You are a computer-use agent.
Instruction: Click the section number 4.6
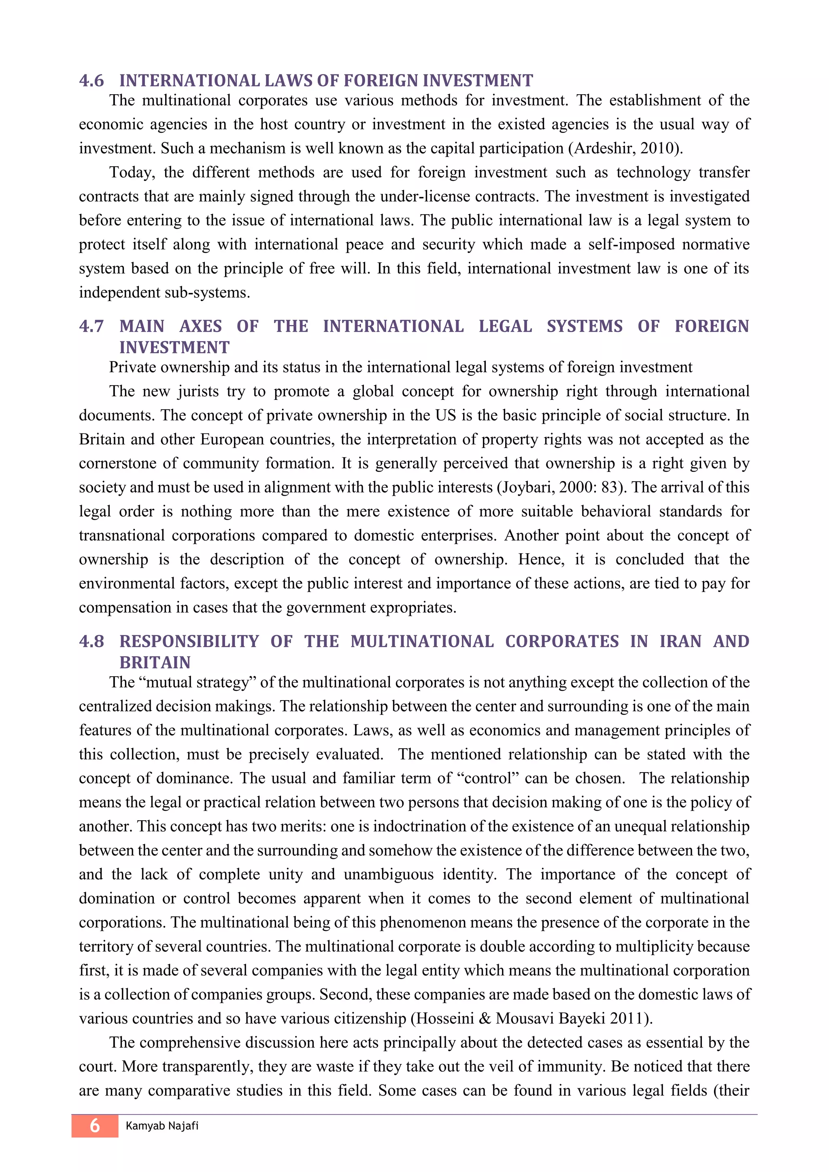pyautogui.click(x=91, y=81)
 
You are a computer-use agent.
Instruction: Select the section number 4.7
pyautogui.click(x=91, y=326)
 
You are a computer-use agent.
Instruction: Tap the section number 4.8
pyautogui.click(x=91, y=641)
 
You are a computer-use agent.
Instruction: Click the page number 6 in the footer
pyautogui.click(x=95, y=1125)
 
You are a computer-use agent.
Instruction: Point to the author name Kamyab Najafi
pyautogui.click(x=162, y=1125)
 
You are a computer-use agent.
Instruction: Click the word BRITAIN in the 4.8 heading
pyautogui.click(x=155, y=662)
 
